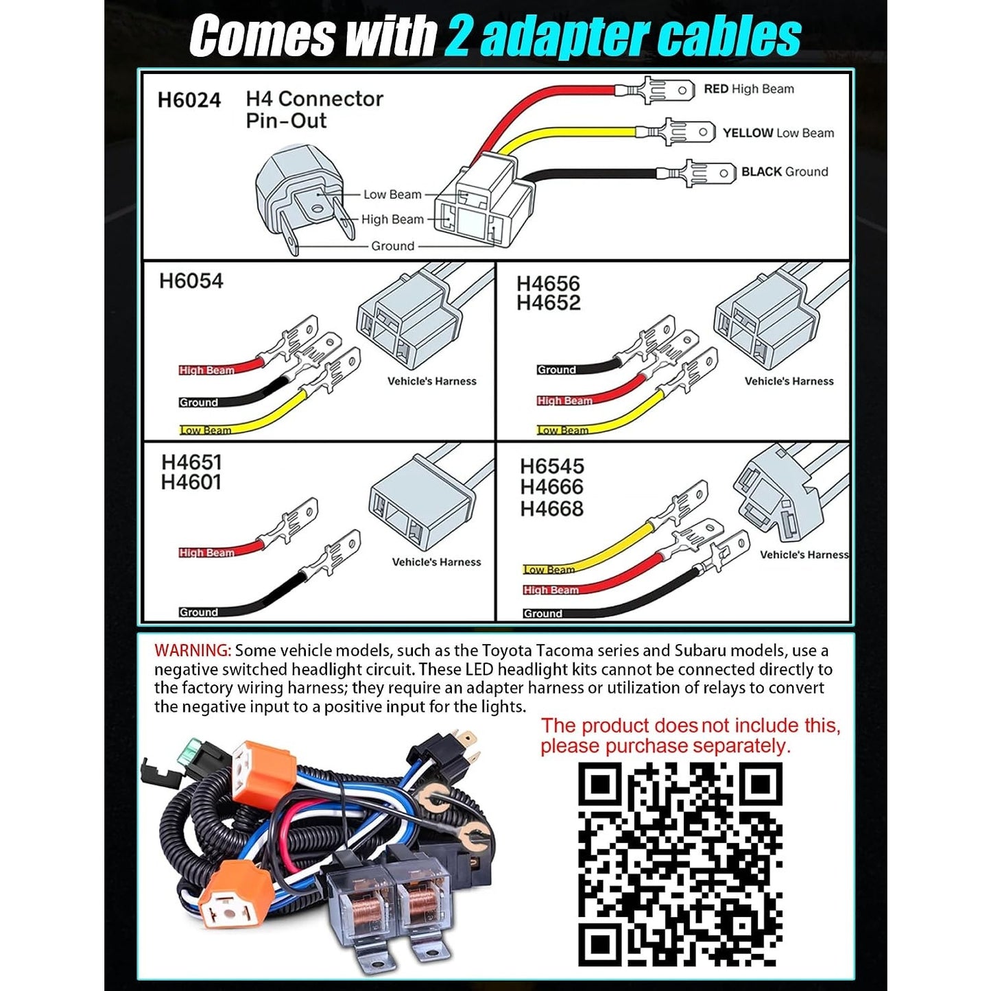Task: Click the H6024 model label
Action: (x=189, y=99)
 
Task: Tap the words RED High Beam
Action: (x=749, y=89)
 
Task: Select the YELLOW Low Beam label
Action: (x=778, y=132)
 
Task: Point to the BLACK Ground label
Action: (x=785, y=171)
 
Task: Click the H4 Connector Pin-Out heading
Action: (x=314, y=110)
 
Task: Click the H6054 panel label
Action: (x=191, y=280)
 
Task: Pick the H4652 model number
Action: (x=548, y=303)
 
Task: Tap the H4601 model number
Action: (x=191, y=482)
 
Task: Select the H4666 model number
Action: (x=552, y=486)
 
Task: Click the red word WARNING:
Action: (x=193, y=650)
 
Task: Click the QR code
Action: (x=680, y=864)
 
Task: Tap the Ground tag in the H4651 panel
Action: (x=198, y=612)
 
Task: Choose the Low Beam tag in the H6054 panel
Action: (x=205, y=430)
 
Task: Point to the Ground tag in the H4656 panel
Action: (x=556, y=370)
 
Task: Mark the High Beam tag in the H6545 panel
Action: (x=551, y=590)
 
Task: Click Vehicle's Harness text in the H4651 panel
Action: (x=436, y=562)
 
